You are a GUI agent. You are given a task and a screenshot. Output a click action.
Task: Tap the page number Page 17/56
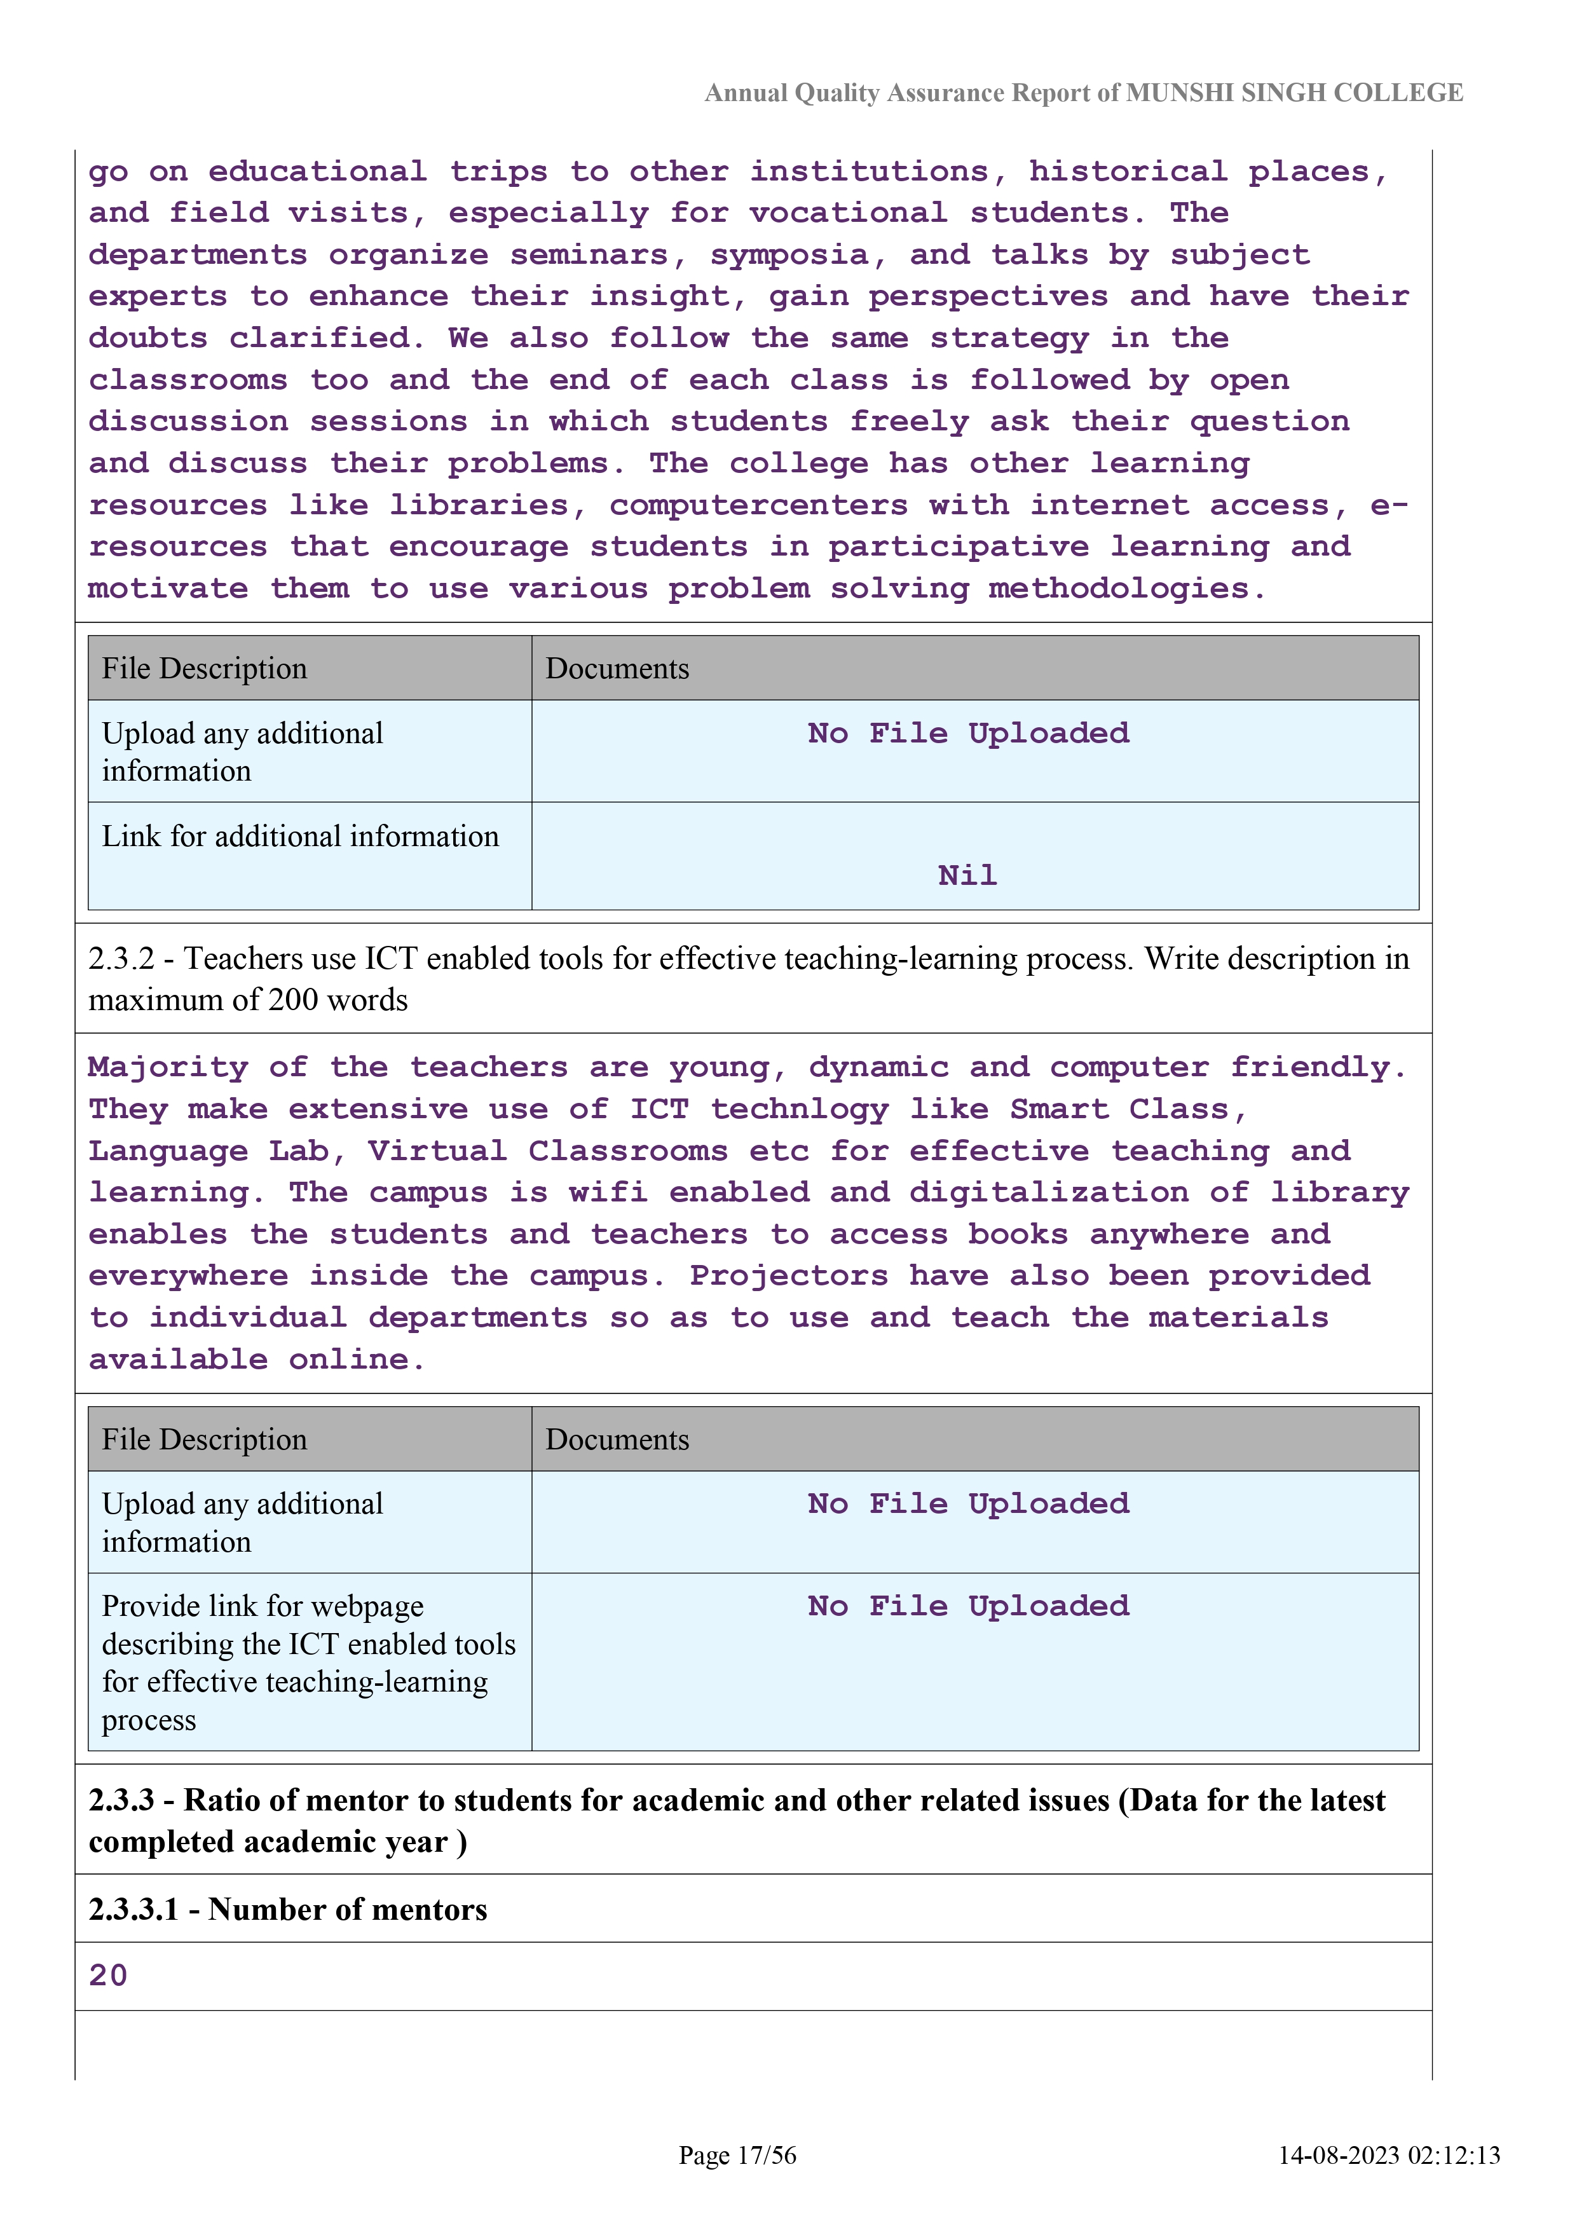pyautogui.click(x=737, y=2155)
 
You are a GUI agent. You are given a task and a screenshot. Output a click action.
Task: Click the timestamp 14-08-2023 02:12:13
pyautogui.click(x=1389, y=2155)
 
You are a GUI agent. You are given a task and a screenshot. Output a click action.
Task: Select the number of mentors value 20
pyautogui.click(x=108, y=1976)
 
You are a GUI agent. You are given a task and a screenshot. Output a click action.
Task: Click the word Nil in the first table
pyautogui.click(x=967, y=875)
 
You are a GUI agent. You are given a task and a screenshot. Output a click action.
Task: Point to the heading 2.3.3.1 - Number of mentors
pyautogui.click(x=287, y=1910)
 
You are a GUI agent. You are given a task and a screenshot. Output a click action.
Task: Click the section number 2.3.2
pyautogui.click(x=120, y=959)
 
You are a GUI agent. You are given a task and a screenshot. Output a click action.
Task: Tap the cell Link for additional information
pyautogui.click(x=300, y=837)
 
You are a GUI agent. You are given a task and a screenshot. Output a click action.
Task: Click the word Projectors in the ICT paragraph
pyautogui.click(x=788, y=1275)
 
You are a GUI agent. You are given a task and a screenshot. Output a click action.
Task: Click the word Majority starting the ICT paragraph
pyautogui.click(x=168, y=1067)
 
